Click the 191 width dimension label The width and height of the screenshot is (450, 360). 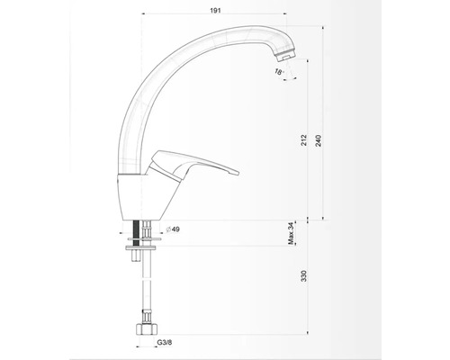pos(215,11)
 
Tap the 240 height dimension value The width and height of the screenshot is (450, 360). pos(319,140)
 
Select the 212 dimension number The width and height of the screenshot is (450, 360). pos(304,140)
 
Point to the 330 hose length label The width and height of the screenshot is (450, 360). pos(304,276)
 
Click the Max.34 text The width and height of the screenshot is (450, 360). pos(291,234)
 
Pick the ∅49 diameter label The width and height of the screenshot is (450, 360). pos(173,229)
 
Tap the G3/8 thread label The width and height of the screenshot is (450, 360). pos(165,342)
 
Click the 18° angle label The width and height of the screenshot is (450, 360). pos(279,72)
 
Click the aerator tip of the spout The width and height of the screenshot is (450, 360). pos(286,56)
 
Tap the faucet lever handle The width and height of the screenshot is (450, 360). pos(192,166)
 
